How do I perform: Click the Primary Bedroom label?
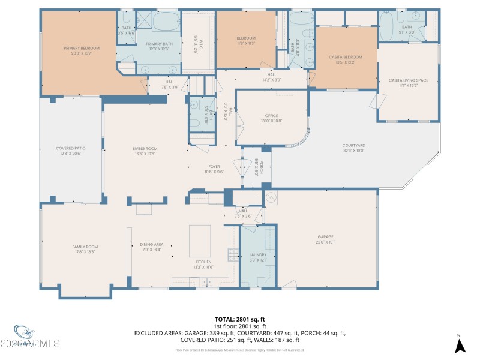82,48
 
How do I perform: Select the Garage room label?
325,236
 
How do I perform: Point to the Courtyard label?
354,145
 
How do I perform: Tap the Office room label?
272,116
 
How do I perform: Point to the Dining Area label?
151,244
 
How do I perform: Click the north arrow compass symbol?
460,345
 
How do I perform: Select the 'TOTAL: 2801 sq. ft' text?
240,319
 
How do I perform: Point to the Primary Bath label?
159,44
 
